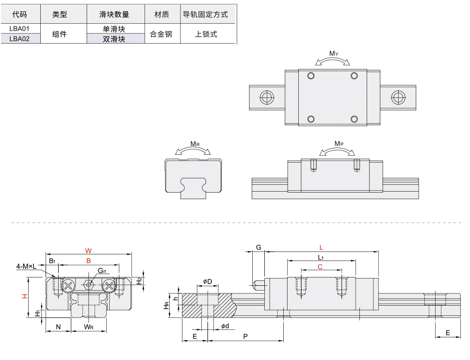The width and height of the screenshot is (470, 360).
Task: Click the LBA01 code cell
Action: click(19, 29)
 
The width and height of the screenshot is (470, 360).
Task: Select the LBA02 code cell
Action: click(19, 39)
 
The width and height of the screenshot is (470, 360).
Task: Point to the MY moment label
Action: click(333, 53)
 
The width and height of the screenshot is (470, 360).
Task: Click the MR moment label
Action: click(194, 144)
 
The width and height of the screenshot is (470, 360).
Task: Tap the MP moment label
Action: click(339, 144)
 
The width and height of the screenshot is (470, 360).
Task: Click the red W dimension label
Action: click(88, 251)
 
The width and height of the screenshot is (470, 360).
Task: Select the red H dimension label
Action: click(25, 296)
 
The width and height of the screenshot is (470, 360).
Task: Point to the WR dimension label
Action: click(88, 327)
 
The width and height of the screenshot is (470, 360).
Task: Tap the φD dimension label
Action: click(208, 281)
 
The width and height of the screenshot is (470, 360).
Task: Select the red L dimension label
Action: click(321, 248)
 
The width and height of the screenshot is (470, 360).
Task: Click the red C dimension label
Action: click(320, 266)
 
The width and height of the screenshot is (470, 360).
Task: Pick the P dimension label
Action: click(245, 336)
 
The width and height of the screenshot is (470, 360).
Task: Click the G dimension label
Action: click(259, 248)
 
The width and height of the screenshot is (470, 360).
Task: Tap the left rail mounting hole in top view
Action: click(266, 97)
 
